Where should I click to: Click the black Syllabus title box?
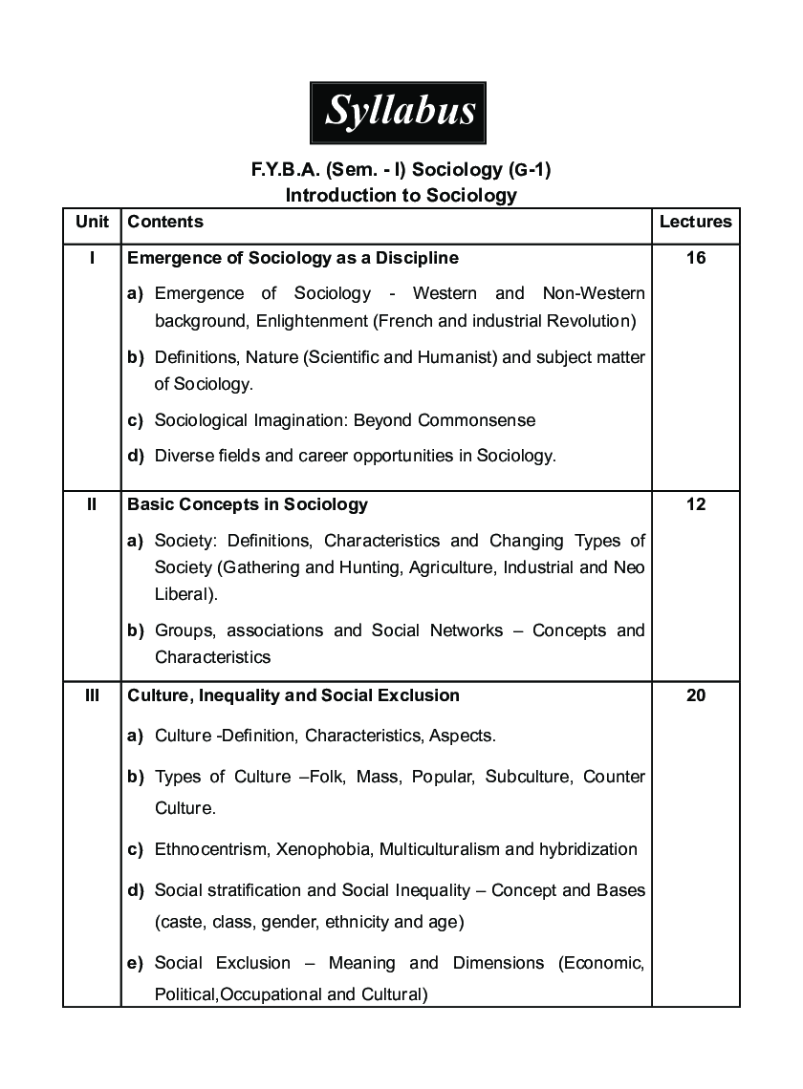tap(399, 112)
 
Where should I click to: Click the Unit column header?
tap(92, 222)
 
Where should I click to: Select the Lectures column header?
tap(695, 222)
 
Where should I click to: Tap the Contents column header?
tap(165, 222)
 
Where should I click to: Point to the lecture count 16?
tap(695, 258)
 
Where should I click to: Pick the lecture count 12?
tap(695, 504)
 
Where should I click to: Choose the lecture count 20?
tap(695, 695)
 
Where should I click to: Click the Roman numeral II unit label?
tap(92, 504)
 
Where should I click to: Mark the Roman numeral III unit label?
tap(92, 695)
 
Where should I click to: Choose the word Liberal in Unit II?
tap(182, 594)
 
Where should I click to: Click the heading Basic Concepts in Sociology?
tap(248, 504)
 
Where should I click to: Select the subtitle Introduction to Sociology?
tap(401, 196)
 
